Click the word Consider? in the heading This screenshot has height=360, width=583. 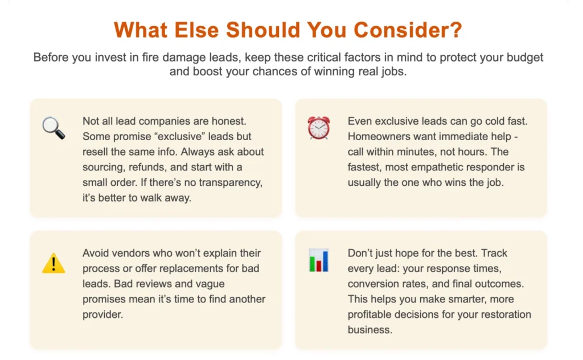[408, 30]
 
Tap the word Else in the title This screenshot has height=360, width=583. [196, 30]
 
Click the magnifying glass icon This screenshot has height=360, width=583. [54, 128]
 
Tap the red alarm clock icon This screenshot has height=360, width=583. [319, 128]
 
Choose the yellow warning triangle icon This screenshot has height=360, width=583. [54, 263]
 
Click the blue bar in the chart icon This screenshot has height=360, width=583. [325, 261]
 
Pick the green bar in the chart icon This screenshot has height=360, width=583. [312, 263]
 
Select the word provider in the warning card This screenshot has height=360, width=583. [102, 314]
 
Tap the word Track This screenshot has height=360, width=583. [494, 253]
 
